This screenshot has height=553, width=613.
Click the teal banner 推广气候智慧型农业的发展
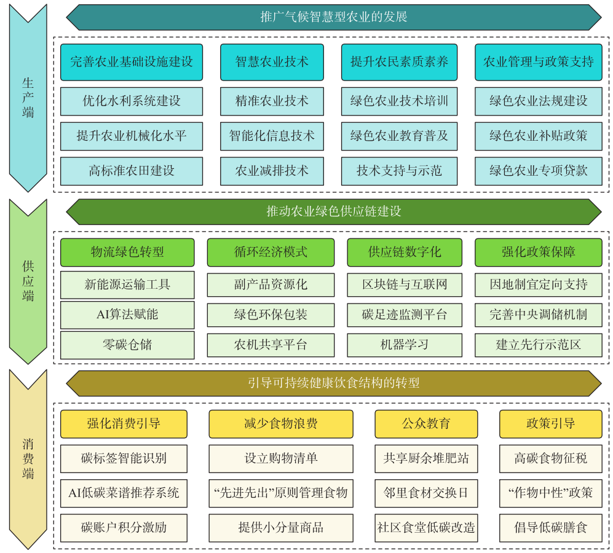pos(334,17)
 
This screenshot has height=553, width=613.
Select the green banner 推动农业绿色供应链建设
pos(334,211)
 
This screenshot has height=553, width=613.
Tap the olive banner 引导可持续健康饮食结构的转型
pos(334,383)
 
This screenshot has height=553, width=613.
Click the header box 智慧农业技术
pos(272,62)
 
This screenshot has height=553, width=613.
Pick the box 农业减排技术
pos(272,171)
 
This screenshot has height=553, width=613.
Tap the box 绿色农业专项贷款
pos(538,171)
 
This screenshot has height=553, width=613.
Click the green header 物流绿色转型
pos(127,253)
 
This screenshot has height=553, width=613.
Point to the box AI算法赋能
pos(127,315)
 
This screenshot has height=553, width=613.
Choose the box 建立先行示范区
pos(538,345)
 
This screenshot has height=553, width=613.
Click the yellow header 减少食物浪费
pos(281,424)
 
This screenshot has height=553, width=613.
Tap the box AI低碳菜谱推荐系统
pos(124,493)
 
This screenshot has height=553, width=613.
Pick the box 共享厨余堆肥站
pos(426,458)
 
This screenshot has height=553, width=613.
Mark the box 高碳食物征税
pos(550,458)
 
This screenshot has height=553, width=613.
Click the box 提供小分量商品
pos(281,528)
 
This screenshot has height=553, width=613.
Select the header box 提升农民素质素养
pos(399,62)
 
